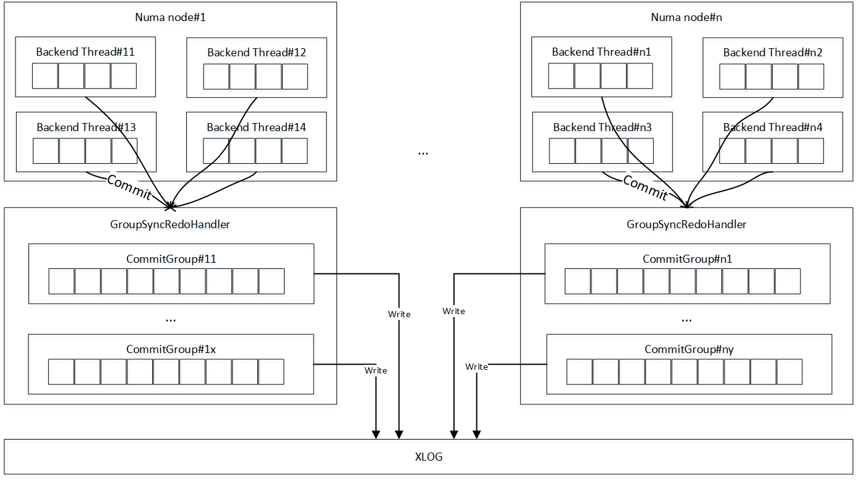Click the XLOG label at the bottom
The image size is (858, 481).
429,456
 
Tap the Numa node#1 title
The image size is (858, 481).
171,17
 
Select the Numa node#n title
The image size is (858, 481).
687,17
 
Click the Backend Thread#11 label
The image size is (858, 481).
85,52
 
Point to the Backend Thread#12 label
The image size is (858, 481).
257,53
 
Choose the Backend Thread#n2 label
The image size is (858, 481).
773,53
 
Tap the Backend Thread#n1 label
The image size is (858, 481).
601,52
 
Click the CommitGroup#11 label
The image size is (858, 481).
171,259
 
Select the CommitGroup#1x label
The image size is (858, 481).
171,349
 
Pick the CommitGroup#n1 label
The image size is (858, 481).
687,259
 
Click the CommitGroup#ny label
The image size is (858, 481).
689,349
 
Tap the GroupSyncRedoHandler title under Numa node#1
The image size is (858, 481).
170,224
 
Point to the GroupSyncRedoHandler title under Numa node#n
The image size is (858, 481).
687,224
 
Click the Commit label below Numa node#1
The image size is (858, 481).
129,187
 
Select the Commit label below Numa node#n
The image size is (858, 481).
645,187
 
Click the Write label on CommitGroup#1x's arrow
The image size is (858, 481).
375,370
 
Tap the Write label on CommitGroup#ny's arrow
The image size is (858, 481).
476,367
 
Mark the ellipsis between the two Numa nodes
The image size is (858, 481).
423,153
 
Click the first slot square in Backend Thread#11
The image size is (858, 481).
45,76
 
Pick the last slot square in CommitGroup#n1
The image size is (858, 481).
787,281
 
